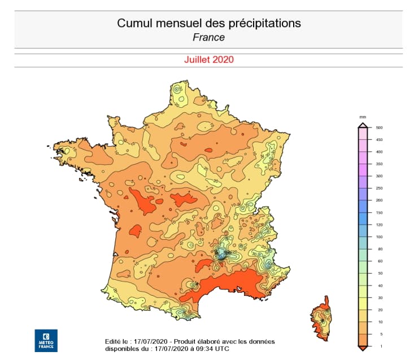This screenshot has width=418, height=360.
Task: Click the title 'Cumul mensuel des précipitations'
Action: pyautogui.click(x=208, y=23)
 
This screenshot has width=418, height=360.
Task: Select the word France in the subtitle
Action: pyautogui.click(x=208, y=37)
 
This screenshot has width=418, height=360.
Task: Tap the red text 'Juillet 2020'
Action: pyautogui.click(x=208, y=59)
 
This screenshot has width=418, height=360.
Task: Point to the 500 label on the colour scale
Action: pyautogui.click(x=380, y=128)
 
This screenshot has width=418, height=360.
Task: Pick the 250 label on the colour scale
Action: pyautogui.click(x=380, y=188)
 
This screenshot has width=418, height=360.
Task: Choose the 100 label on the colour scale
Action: pyautogui.click(x=380, y=237)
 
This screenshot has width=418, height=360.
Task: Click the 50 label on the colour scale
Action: pyautogui.click(x=379, y=273)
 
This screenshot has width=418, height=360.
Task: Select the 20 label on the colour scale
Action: pyautogui.click(x=379, y=309)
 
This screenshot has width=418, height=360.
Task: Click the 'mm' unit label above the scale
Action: pyautogui.click(x=363, y=117)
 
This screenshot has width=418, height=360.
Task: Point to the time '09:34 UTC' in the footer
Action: pyautogui.click(x=212, y=349)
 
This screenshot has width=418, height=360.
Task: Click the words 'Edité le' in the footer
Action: pyautogui.click(x=116, y=341)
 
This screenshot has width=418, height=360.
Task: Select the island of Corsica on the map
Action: pyautogui.click(x=321, y=319)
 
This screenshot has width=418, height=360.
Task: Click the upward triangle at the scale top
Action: pyautogui.click(x=363, y=125)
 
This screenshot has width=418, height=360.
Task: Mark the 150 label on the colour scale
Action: pyautogui.click(x=380, y=213)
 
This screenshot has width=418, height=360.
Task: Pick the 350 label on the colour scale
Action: pyautogui.click(x=380, y=164)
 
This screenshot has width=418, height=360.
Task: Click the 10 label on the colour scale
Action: pyautogui.click(x=379, y=321)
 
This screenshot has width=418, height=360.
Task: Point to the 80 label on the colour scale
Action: pyautogui.click(x=379, y=249)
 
